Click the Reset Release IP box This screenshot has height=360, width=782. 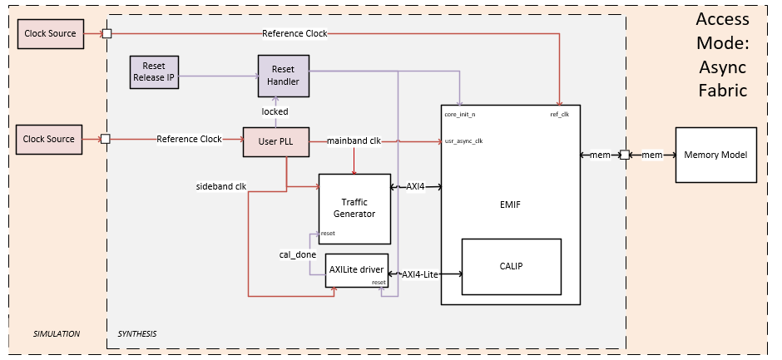[x=154, y=72]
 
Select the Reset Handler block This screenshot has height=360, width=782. [x=283, y=73]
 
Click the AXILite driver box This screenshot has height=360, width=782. [x=355, y=270]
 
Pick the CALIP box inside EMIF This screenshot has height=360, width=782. [x=511, y=266]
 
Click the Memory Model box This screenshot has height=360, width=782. [x=715, y=155]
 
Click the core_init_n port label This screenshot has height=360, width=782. [x=460, y=114]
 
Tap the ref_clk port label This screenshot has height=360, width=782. [x=559, y=114]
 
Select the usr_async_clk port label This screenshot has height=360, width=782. [x=463, y=141]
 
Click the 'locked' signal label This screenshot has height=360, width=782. [x=275, y=111]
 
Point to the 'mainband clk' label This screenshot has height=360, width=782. [x=354, y=141]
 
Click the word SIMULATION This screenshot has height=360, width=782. [x=56, y=333]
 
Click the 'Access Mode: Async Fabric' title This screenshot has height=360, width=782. [x=721, y=54]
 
